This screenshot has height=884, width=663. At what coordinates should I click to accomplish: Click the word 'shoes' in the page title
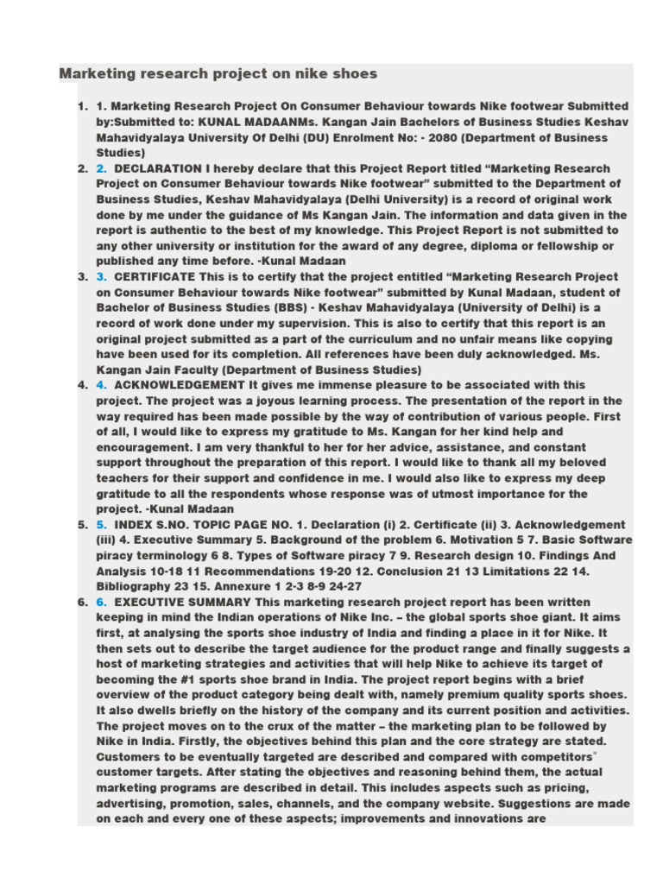[356, 73]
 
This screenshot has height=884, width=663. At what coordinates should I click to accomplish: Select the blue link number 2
[101, 168]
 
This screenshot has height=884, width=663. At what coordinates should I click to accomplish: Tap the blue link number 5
[101, 525]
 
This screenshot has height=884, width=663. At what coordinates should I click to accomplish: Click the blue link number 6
[101, 602]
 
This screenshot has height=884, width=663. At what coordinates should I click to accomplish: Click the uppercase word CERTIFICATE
[154, 277]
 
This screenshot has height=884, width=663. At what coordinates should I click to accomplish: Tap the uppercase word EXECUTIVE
[152, 602]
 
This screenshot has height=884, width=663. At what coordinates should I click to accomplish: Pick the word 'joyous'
[258, 401]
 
